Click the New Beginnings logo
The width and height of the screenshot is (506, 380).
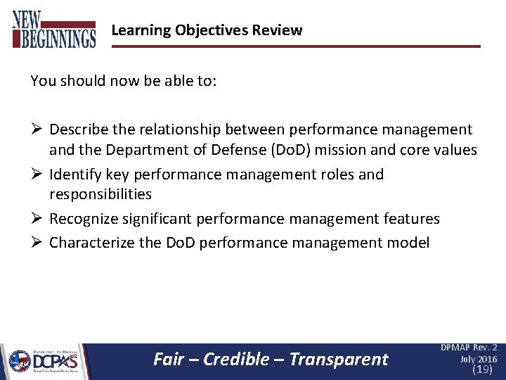point(54,29)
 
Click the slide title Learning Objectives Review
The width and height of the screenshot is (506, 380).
point(207,30)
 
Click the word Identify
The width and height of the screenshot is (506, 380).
point(74,174)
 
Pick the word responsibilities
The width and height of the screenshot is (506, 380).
point(100,194)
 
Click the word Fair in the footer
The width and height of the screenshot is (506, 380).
point(169,360)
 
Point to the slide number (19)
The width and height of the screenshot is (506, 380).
point(482,369)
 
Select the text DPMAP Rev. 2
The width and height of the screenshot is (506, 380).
point(469,348)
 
